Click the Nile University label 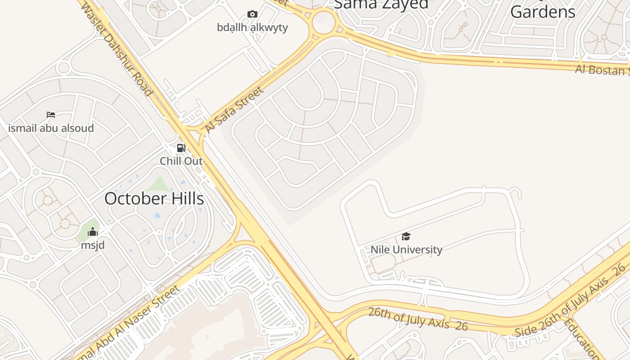[x=406, y=250]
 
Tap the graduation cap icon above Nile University [x=406, y=237]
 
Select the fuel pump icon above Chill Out [x=181, y=148]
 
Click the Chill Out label [x=181, y=161]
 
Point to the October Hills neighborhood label [x=154, y=198]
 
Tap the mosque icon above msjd [x=93, y=232]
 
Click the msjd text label [x=93, y=245]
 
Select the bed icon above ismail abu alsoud [x=51, y=115]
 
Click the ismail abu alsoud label [x=51, y=128]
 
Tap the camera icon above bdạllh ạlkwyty [x=252, y=14]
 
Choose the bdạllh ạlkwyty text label [x=252, y=27]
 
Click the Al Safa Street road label [x=234, y=109]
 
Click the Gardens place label [x=543, y=12]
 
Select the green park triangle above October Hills [x=158, y=185]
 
